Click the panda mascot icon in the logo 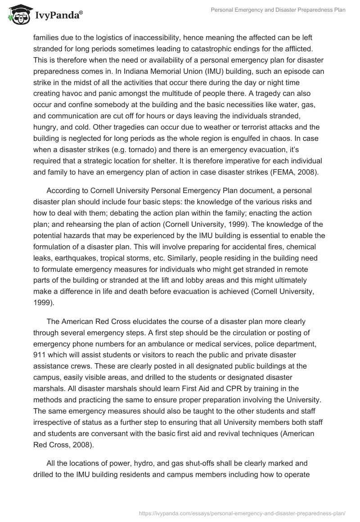click(18, 15)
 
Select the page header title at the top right click(278, 10)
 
